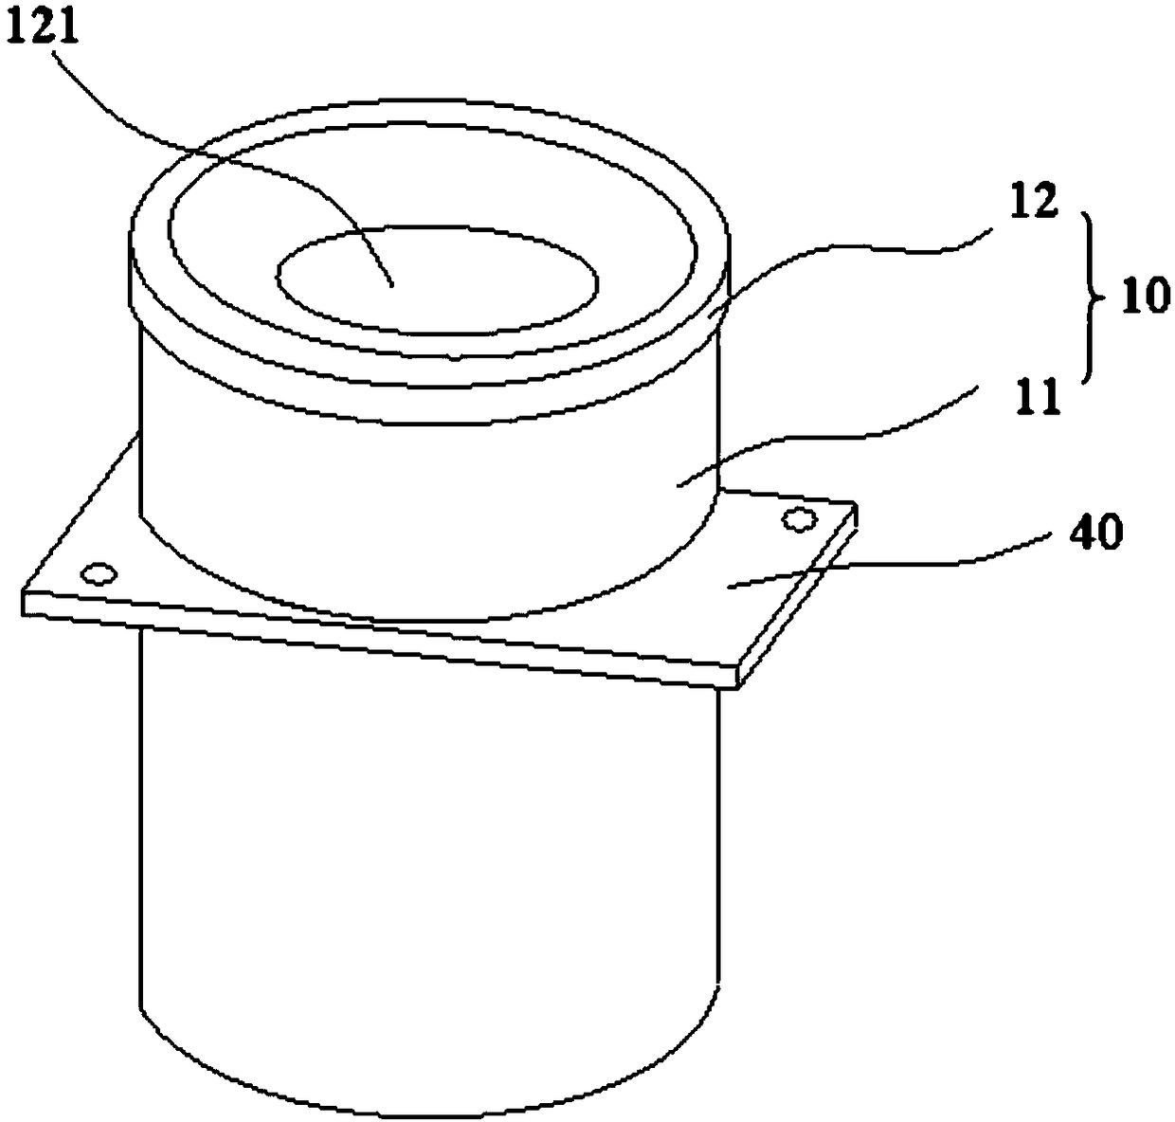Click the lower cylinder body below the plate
point(426,853)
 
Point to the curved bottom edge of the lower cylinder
point(426,1090)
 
